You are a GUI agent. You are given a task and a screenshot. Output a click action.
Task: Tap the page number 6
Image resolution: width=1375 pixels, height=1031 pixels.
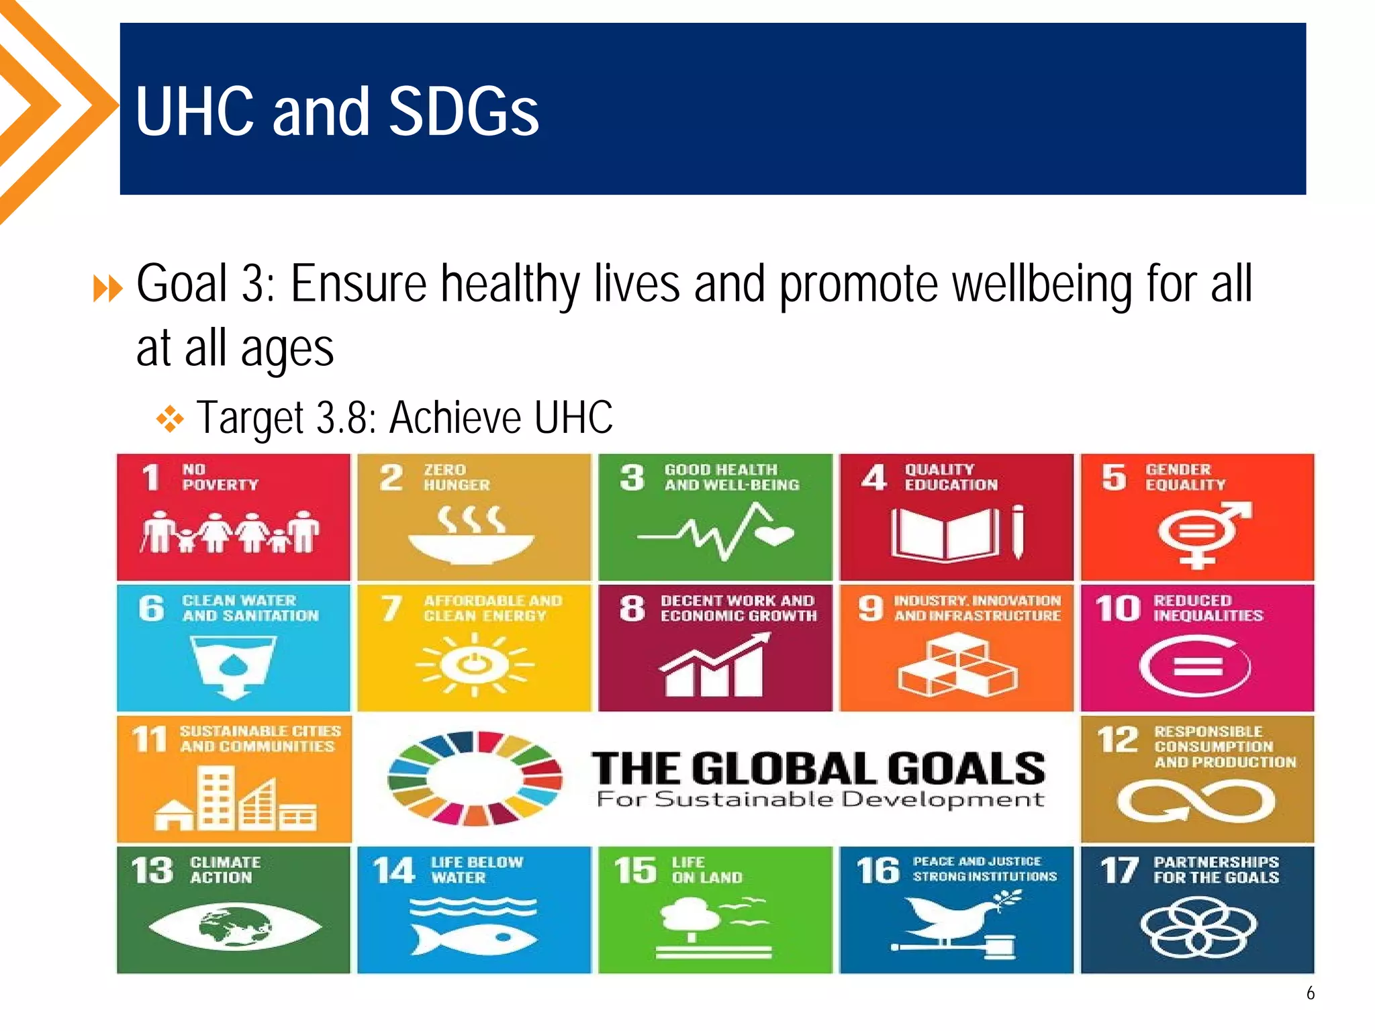point(1310,993)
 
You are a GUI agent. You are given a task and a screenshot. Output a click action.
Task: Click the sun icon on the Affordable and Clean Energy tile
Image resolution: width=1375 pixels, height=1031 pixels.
point(475,665)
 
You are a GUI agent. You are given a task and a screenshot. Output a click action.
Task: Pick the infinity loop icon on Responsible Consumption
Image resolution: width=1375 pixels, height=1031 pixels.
point(1196,801)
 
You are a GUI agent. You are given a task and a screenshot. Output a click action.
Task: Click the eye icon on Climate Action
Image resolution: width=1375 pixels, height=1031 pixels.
point(234,927)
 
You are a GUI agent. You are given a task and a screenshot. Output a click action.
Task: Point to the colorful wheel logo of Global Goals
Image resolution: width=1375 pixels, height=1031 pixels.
point(475,778)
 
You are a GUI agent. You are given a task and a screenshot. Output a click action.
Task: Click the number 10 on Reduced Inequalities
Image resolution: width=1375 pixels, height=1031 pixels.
point(1118,608)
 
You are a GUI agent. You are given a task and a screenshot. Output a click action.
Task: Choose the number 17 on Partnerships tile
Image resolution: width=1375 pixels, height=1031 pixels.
point(1119,871)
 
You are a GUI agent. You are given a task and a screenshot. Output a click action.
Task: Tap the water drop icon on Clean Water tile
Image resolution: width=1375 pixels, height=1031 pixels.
point(233,665)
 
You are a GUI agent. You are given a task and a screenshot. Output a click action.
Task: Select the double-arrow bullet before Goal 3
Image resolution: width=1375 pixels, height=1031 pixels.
point(108,289)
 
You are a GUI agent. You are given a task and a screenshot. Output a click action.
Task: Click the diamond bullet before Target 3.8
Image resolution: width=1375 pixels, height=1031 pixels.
point(170,419)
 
